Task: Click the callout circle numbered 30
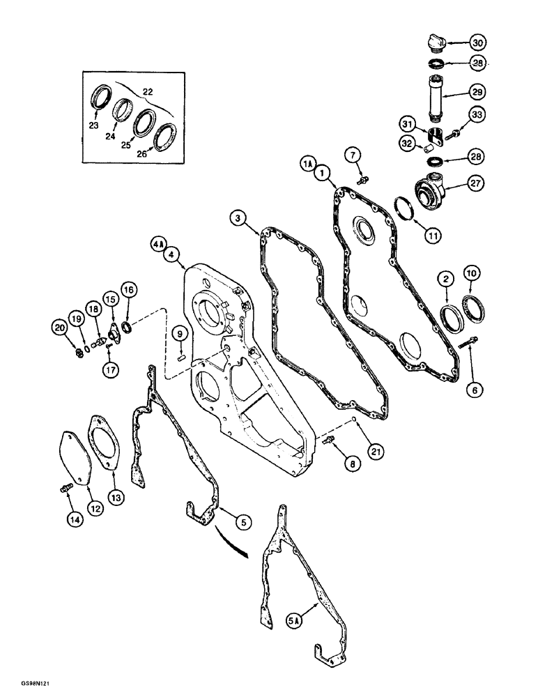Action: coord(475,41)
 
